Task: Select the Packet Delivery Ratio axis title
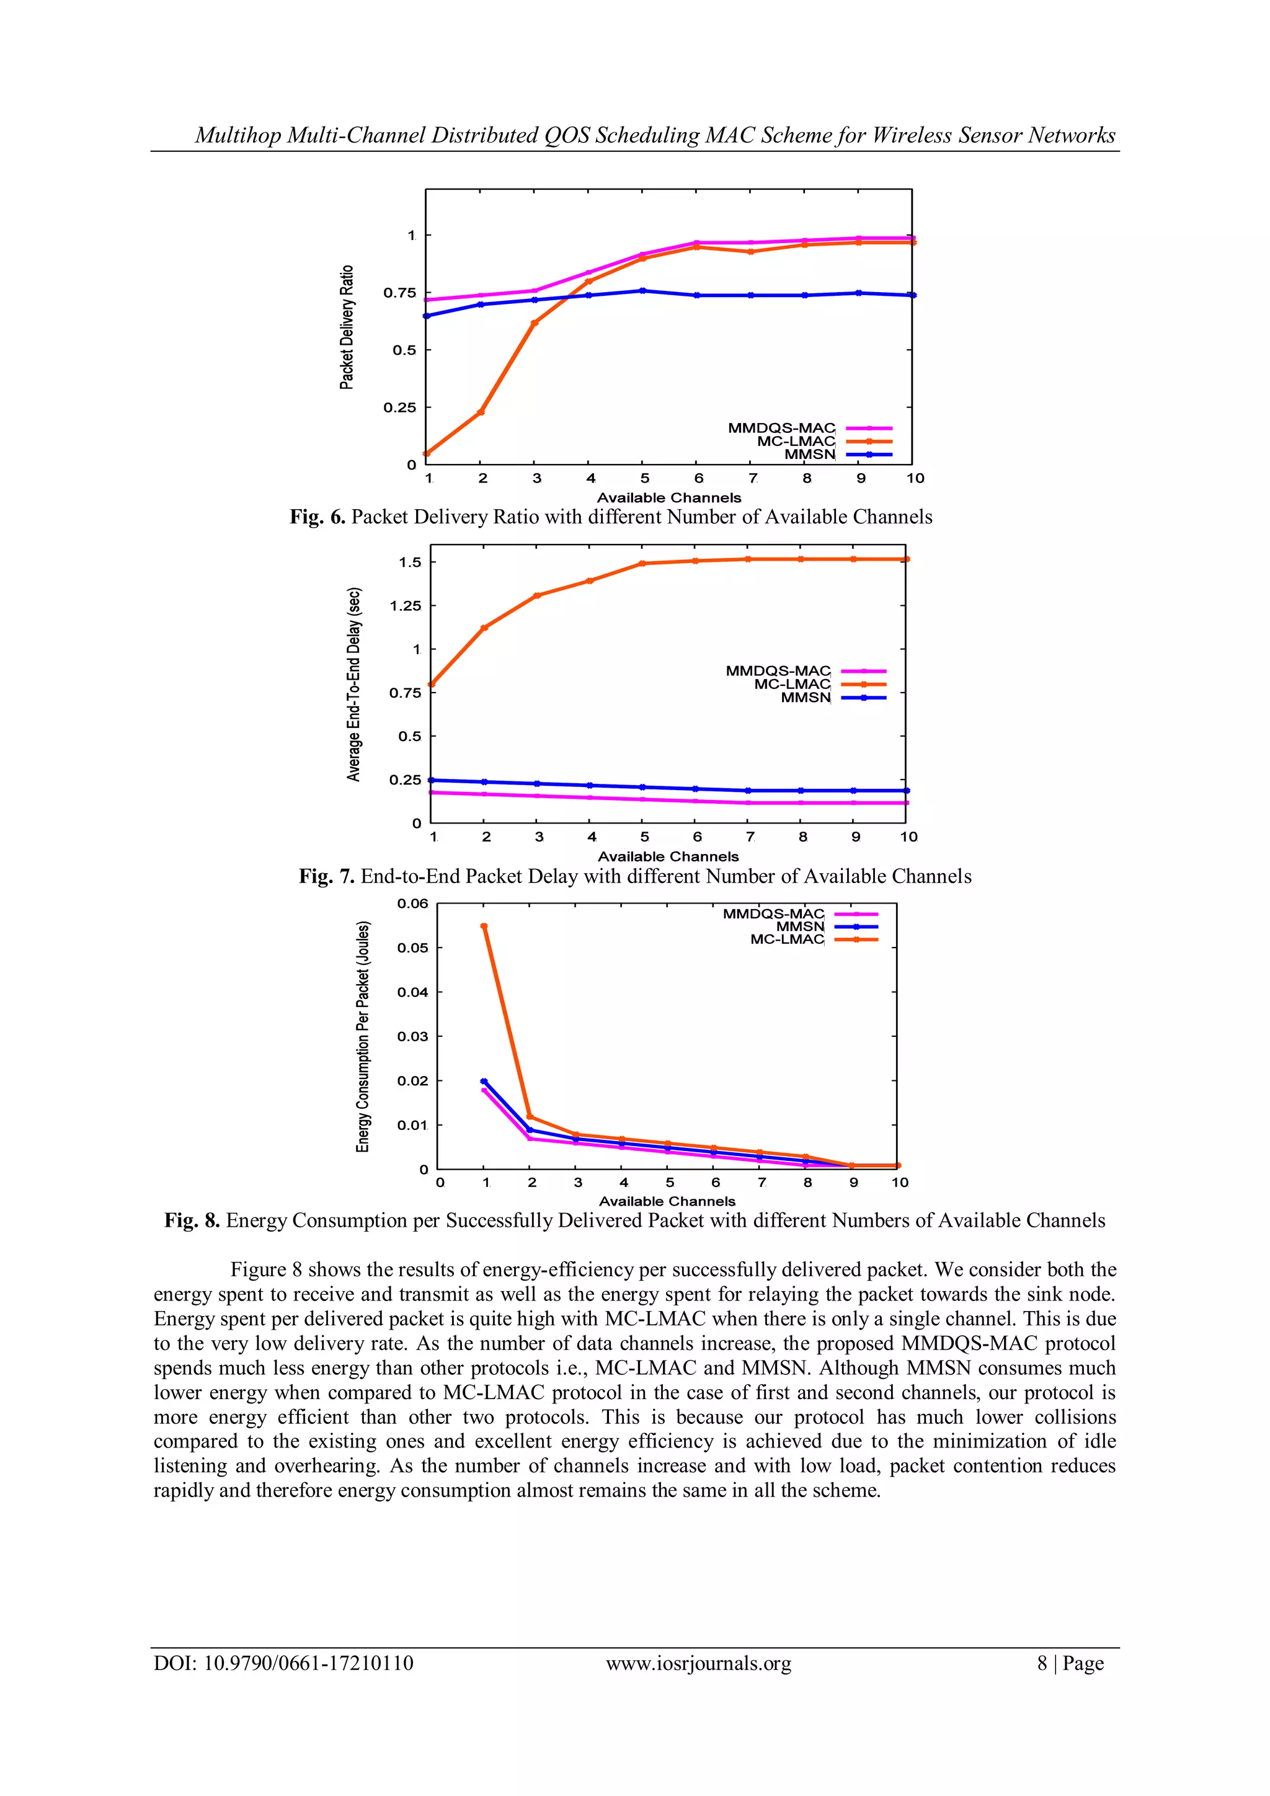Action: tap(347, 327)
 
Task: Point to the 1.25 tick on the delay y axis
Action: tap(405, 605)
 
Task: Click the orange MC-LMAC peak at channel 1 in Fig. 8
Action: tap(484, 926)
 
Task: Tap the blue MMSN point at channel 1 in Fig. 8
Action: tap(484, 1081)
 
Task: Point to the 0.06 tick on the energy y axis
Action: tap(412, 904)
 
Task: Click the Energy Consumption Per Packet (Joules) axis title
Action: tap(362, 1036)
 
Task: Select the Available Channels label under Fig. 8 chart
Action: tap(667, 1201)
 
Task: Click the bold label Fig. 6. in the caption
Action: tap(317, 517)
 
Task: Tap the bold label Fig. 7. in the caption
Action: tap(327, 876)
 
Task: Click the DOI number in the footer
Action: tap(309, 1663)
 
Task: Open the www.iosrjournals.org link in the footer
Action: tap(698, 1663)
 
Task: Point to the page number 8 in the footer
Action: tap(1042, 1663)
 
